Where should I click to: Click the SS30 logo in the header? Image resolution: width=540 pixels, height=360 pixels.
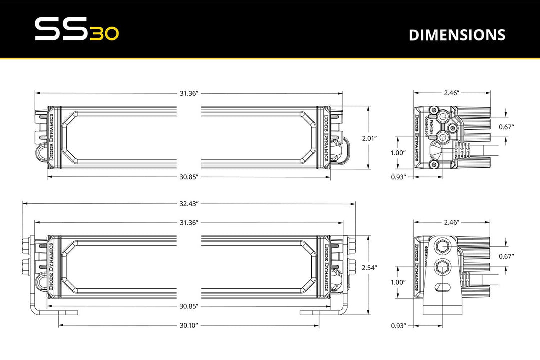[x=76, y=30]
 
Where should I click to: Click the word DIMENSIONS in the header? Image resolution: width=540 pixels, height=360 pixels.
[x=457, y=35]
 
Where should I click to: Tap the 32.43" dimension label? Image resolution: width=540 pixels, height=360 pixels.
[x=189, y=204]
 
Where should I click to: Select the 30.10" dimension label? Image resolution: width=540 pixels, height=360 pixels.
[x=189, y=325]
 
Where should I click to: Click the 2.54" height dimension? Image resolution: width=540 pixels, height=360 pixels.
[x=369, y=268]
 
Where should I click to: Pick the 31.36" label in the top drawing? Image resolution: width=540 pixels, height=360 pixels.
[x=189, y=93]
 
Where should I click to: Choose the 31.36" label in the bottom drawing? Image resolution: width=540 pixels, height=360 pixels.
[x=189, y=222]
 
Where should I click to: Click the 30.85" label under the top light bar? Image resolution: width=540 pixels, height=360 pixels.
[x=189, y=177]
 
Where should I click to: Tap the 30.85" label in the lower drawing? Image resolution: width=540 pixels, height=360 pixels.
[x=189, y=306]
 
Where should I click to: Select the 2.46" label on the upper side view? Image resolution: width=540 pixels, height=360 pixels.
[x=451, y=93]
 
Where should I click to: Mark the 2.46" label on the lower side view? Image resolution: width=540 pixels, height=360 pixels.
[x=451, y=223]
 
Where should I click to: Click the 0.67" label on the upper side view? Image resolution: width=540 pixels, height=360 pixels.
[x=507, y=127]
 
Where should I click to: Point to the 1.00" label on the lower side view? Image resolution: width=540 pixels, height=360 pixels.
[x=398, y=282]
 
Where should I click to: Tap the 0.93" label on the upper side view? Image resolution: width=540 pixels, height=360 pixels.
[x=398, y=177]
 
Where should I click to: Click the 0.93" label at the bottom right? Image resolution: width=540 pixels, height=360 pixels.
[x=398, y=326]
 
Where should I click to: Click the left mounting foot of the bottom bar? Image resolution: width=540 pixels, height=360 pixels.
[x=67, y=312]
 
